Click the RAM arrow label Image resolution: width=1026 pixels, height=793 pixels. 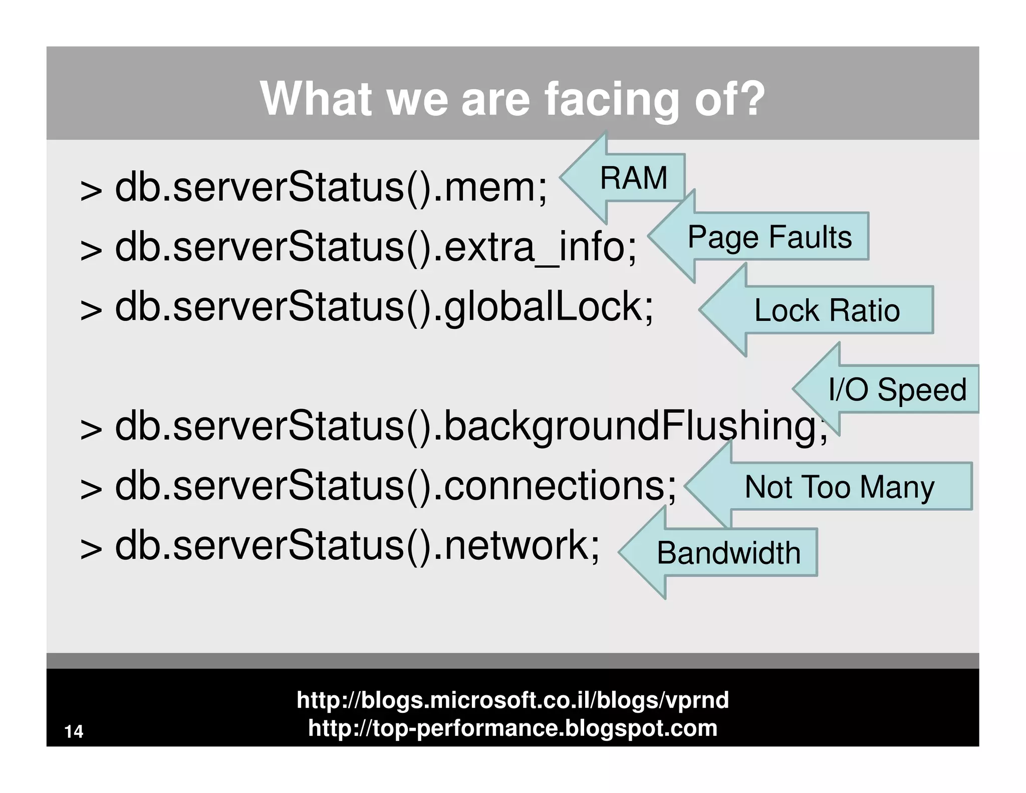634,178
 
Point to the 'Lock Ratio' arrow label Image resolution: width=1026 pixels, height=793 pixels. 827,310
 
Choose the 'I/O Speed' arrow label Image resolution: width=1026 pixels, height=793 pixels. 897,389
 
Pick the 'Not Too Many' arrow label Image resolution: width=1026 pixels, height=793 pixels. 840,487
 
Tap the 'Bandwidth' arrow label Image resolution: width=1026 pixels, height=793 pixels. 728,553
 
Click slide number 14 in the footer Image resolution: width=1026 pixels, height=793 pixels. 74,731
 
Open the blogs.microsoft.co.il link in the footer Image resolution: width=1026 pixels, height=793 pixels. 512,700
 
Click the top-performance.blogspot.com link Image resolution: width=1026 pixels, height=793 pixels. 512,728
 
